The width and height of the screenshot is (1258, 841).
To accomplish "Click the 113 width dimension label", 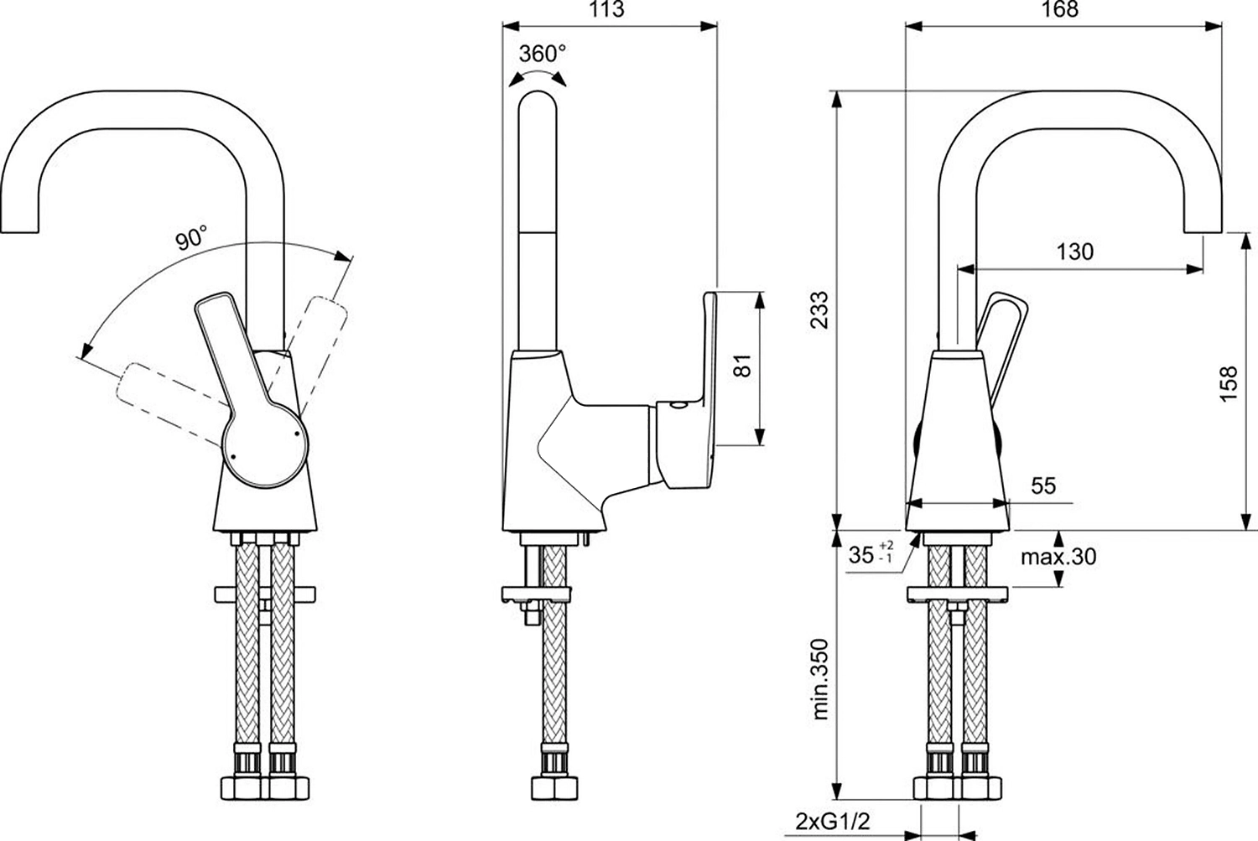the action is point(608,9).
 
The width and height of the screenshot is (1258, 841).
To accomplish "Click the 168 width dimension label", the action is point(1060,9).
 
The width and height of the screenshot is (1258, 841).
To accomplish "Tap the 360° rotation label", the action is point(542,54).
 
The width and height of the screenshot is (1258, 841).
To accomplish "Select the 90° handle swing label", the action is point(191,238).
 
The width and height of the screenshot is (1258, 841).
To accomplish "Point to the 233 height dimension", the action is point(819,310).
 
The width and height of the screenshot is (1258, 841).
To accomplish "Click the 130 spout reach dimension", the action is point(1075,252).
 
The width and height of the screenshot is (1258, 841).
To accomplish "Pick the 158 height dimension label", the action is point(1229,383).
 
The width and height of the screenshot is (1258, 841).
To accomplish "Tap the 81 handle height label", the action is point(742,366).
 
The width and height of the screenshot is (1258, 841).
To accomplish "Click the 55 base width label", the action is point(1043,485).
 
